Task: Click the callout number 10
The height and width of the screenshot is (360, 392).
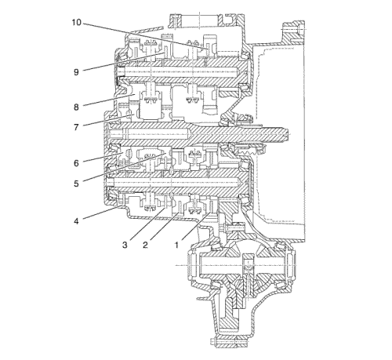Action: [77, 23]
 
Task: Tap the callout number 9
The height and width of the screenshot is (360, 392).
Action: [76, 72]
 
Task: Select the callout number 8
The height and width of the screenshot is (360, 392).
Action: [76, 107]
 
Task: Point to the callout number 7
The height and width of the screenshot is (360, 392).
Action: [76, 127]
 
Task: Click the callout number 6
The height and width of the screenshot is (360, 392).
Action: [76, 163]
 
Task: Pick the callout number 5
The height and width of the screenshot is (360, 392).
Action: [76, 184]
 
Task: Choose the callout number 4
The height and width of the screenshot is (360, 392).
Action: [76, 221]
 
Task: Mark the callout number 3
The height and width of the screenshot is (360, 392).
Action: [125, 245]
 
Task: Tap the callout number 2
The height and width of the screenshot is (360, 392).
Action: [145, 245]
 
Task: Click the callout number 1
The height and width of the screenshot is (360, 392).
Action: [176, 245]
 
